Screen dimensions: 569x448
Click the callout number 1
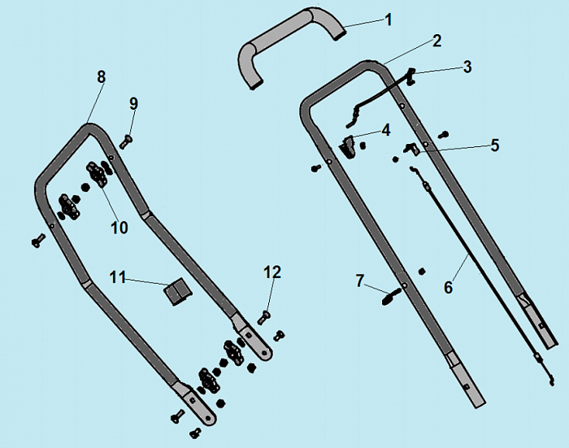tap(389, 20)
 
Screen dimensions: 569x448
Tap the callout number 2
tap(437, 41)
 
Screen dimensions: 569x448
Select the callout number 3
tap(467, 67)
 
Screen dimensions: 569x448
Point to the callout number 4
tap(386, 130)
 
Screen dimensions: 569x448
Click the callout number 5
tap(494, 146)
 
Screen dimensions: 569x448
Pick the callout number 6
tap(449, 287)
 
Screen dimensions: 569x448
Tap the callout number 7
tap(359, 281)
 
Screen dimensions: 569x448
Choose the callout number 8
tap(101, 77)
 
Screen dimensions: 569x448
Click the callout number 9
tap(133, 104)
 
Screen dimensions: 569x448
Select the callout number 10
tap(119, 228)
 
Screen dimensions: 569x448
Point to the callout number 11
tap(117, 277)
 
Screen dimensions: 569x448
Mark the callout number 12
tap(272, 272)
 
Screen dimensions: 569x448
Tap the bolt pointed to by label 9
tap(126, 141)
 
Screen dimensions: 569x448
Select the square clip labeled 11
tap(178, 292)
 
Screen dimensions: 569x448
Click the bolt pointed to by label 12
tap(264, 317)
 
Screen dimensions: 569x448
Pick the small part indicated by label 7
tap(392, 296)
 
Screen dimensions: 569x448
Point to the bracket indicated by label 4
tap(347, 146)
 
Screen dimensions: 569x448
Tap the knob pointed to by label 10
tap(97, 175)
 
